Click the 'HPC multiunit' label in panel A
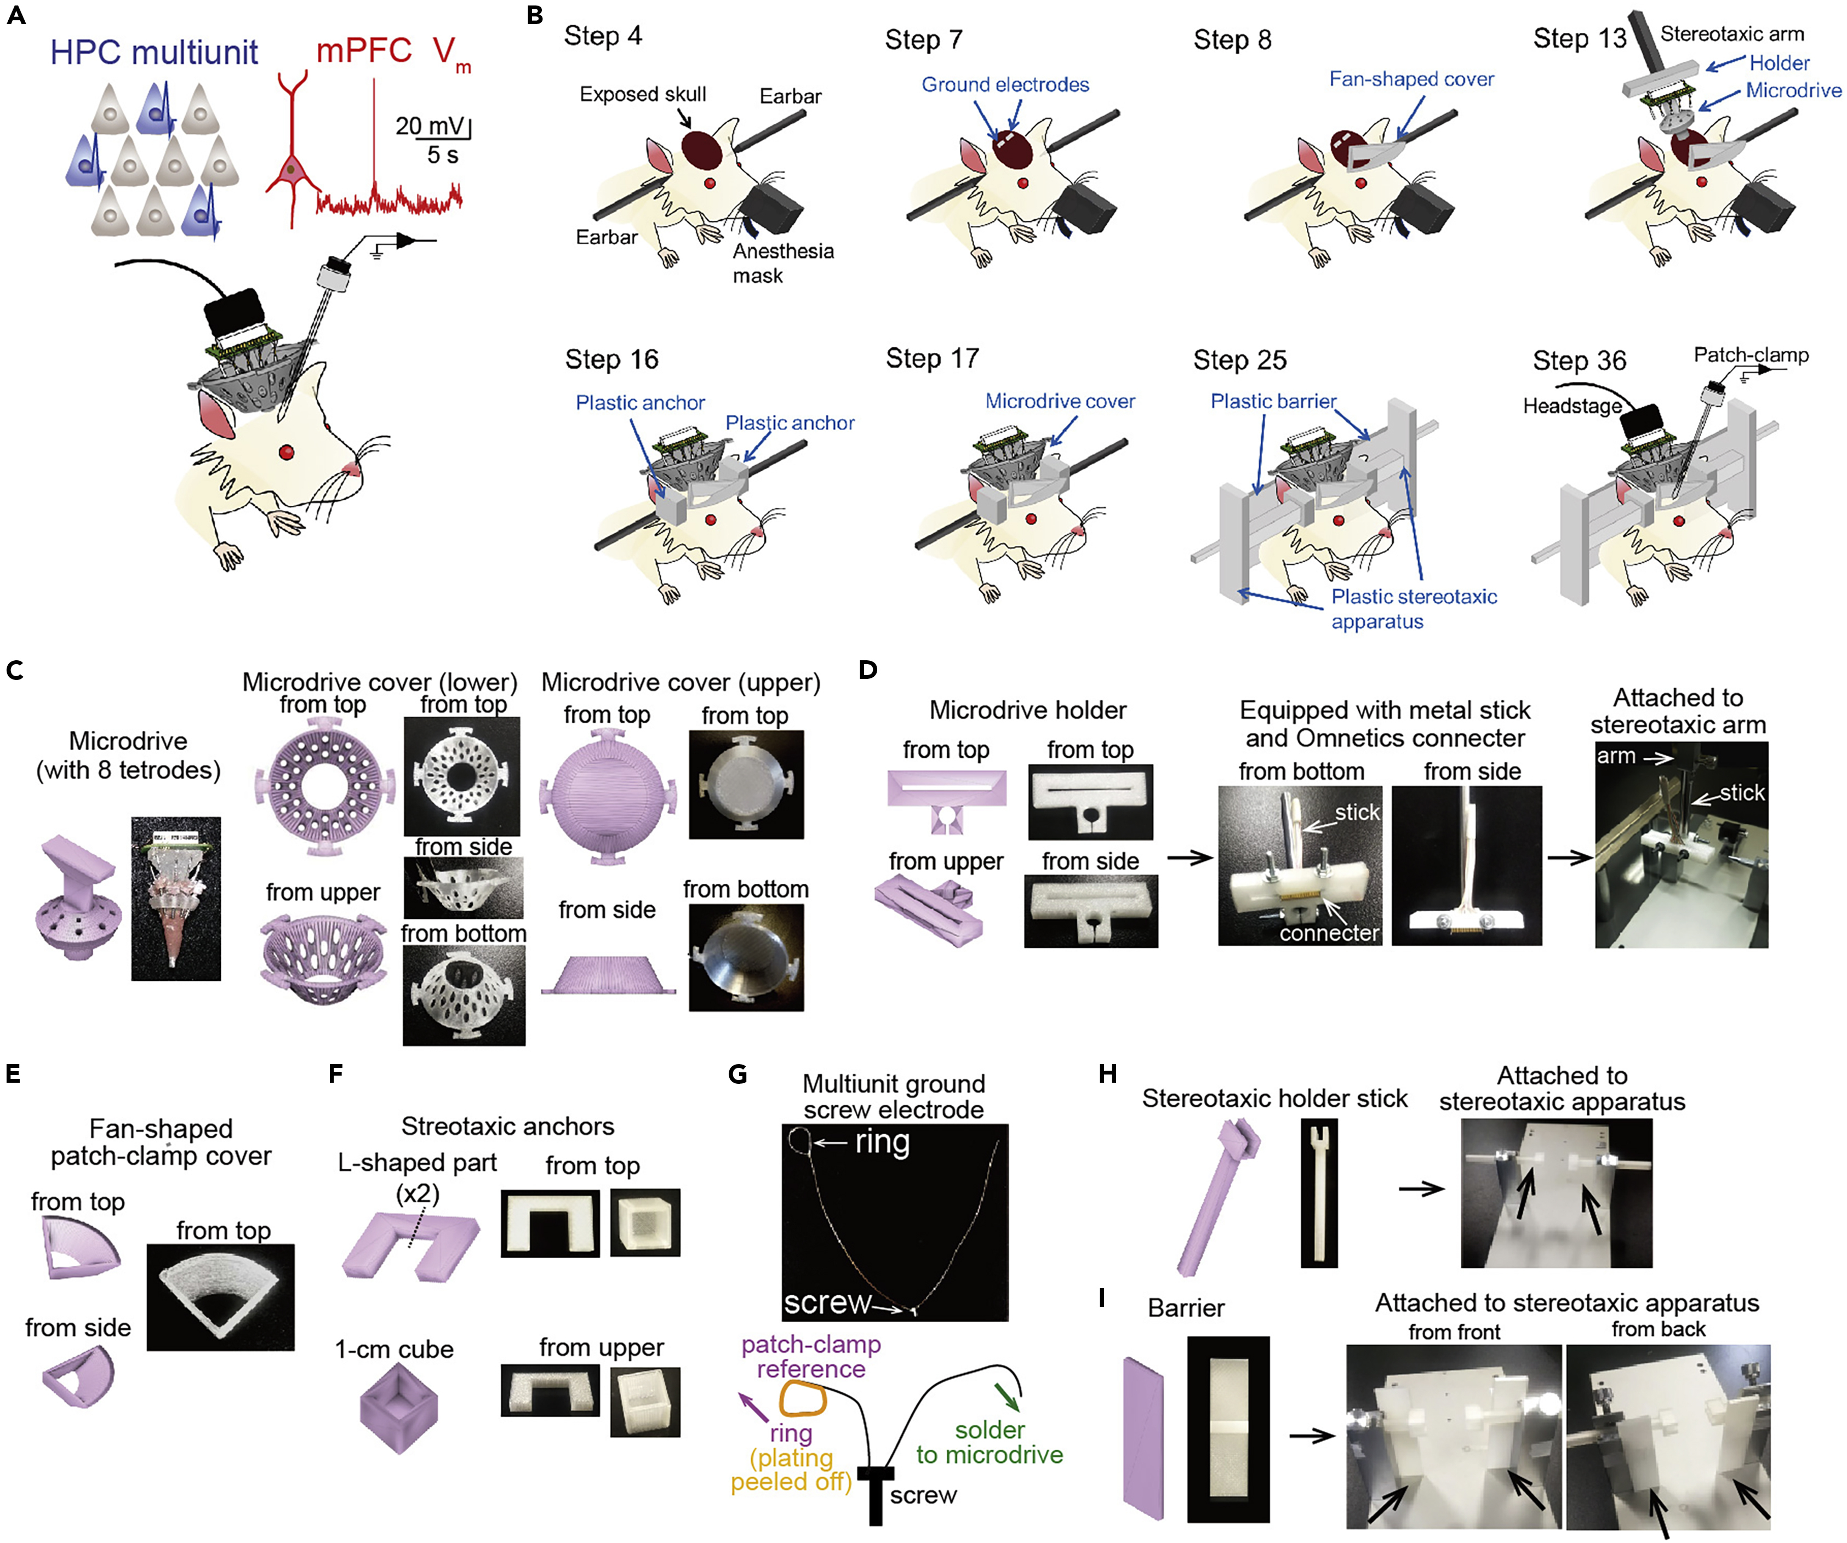(154, 53)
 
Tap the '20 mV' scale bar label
(428, 126)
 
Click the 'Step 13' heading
(1579, 39)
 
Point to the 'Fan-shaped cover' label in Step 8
(1411, 79)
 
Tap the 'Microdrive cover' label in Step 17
(1059, 401)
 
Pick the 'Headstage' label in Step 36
(1572, 407)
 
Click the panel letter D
(867, 670)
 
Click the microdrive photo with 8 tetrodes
(176, 898)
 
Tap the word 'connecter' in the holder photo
(1328, 933)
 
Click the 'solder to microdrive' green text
(990, 1443)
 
